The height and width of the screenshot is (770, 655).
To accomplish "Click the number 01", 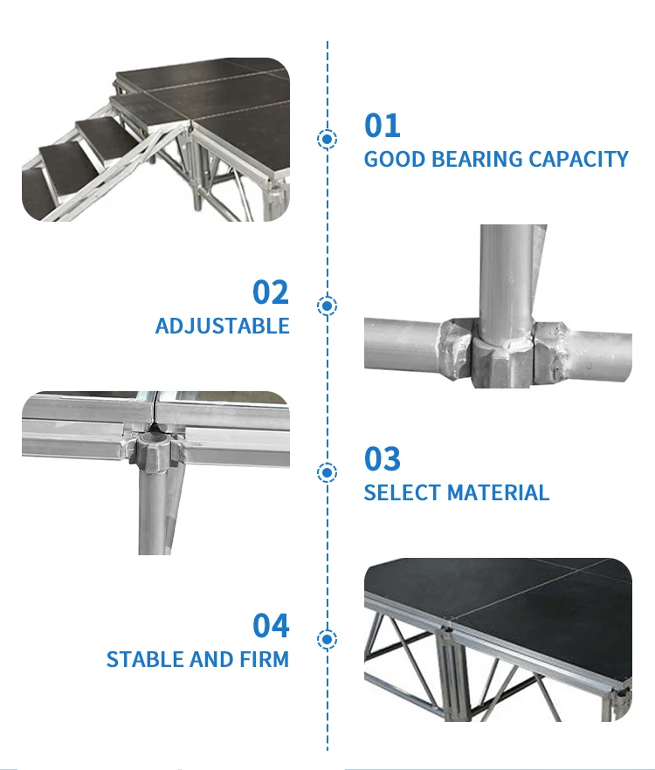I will pyautogui.click(x=382, y=126).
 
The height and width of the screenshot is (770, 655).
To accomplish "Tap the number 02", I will pyautogui.click(x=271, y=292).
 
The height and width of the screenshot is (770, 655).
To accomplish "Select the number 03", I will pyautogui.click(x=383, y=459).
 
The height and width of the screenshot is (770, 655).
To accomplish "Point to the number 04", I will pyautogui.click(x=271, y=626).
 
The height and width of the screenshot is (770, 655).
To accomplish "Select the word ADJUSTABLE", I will pyautogui.click(x=222, y=326).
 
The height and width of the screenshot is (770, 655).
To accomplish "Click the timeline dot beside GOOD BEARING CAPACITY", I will pyautogui.click(x=327, y=139).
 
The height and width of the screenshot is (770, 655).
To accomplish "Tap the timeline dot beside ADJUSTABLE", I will pyautogui.click(x=327, y=306).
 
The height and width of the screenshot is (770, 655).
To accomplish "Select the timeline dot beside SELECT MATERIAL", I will pyautogui.click(x=327, y=472).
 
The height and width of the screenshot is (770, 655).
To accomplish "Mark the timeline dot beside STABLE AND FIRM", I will pyautogui.click(x=327, y=639).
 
